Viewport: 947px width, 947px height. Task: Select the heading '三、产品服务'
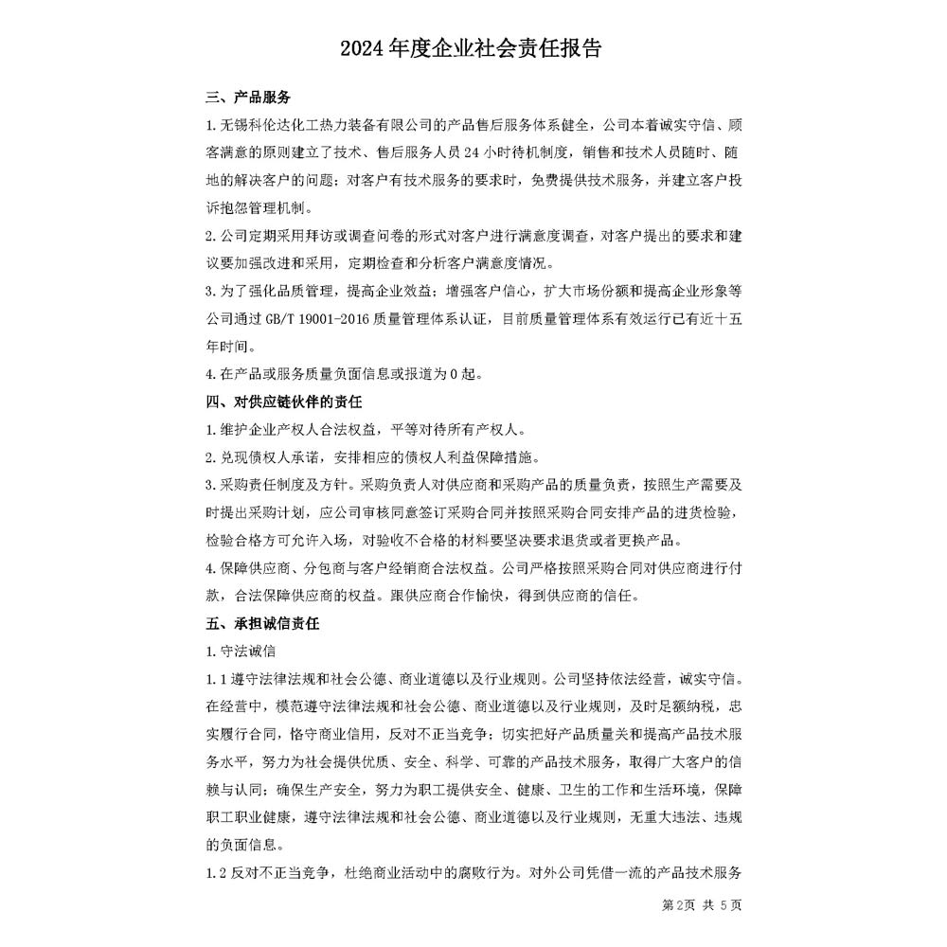(248, 98)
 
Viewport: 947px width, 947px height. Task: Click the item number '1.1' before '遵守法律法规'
(216, 678)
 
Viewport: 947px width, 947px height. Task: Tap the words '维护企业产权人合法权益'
(290, 430)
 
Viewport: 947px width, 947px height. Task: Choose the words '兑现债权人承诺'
(270, 457)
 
